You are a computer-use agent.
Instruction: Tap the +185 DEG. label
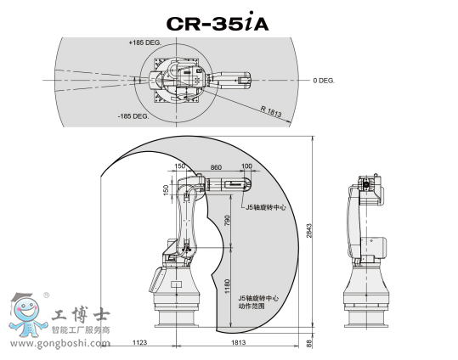[145, 42]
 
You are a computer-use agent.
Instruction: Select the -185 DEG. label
[133, 116]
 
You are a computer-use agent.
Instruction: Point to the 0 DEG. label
[324, 81]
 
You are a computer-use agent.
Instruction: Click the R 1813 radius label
[271, 111]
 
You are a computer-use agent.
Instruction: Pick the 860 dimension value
[216, 167]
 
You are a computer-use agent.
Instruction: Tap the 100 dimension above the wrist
[246, 166]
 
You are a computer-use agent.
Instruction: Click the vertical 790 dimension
[227, 221]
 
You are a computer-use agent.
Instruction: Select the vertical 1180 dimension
[227, 286]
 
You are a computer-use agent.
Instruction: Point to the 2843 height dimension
[309, 231]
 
